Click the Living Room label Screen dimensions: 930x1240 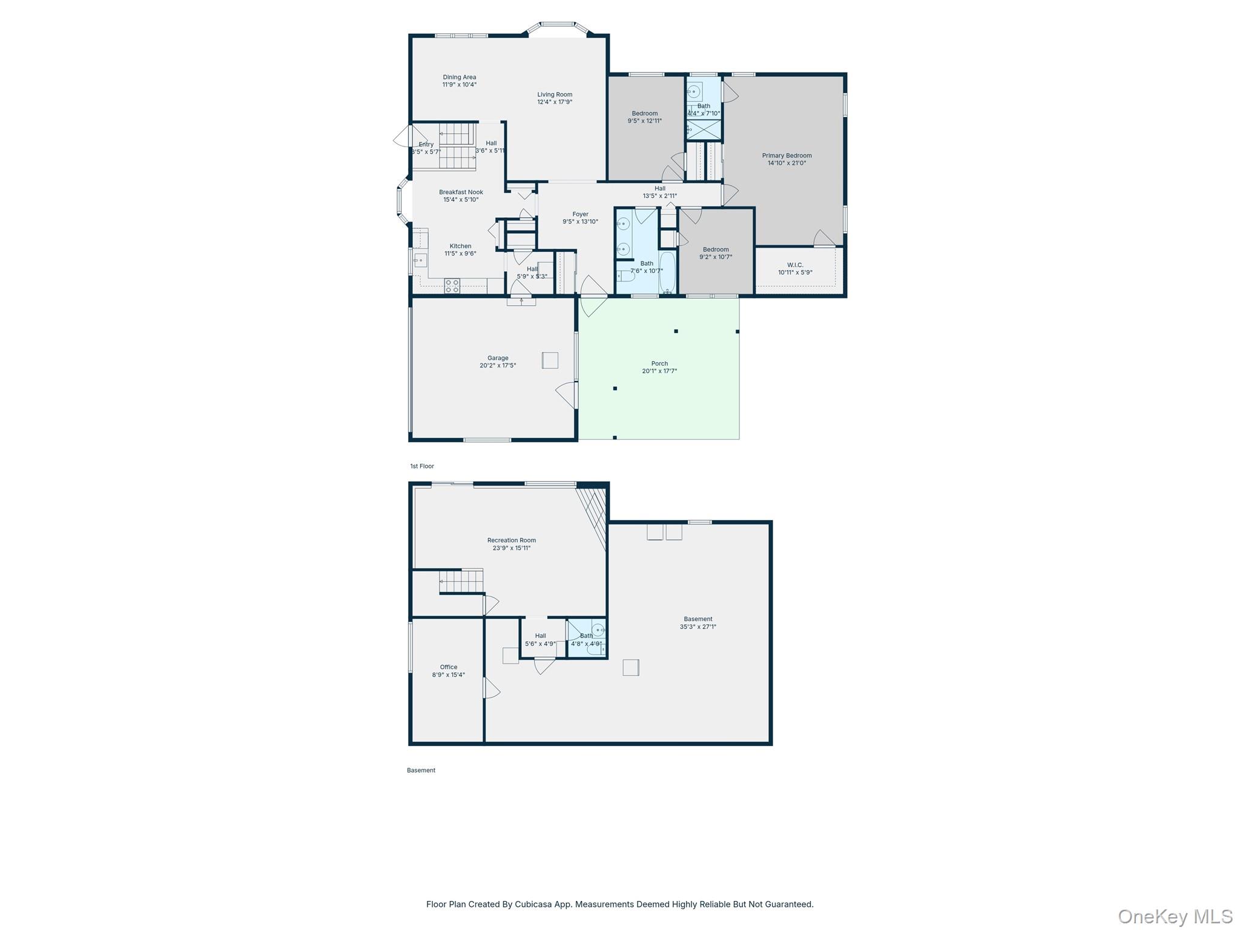(555, 94)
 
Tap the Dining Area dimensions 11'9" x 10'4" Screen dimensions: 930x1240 (459, 85)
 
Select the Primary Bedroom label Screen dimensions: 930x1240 (787, 156)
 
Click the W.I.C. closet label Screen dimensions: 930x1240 (795, 265)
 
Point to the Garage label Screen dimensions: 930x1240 (498, 358)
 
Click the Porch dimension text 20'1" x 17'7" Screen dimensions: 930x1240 (659, 371)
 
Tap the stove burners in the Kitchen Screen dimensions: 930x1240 (452, 286)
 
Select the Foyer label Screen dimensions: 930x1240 (580, 214)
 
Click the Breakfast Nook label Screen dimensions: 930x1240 (461, 192)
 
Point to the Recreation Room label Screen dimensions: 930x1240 (511, 540)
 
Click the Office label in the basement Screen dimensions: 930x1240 (449, 667)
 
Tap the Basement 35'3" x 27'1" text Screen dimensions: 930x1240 (697, 627)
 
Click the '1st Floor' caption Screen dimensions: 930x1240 (422, 466)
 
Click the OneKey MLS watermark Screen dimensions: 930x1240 (1175, 916)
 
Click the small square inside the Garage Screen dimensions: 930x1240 (550, 360)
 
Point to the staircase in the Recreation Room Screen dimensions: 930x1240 (461, 581)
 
